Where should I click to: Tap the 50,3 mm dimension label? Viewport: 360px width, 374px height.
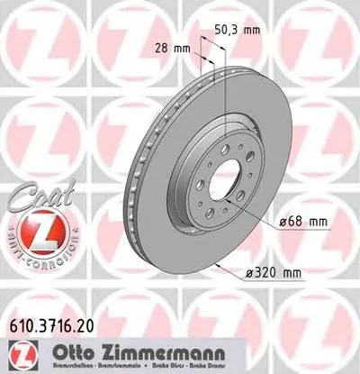pos(241,31)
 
